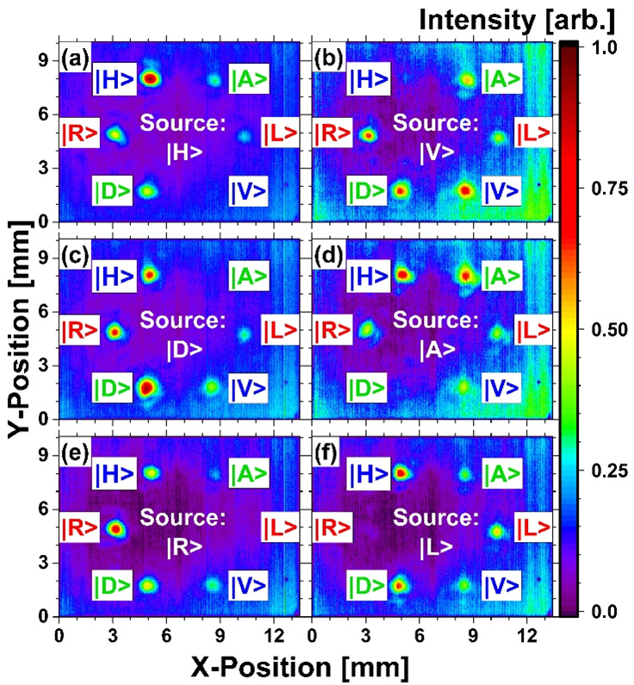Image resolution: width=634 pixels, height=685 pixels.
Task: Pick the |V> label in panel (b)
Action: point(501,192)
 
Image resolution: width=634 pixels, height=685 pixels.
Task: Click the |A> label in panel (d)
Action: point(501,277)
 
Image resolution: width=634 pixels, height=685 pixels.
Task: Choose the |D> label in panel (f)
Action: point(367,585)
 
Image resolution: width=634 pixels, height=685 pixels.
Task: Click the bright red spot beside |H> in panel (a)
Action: point(151,78)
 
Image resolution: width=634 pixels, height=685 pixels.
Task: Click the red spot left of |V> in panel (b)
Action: point(466,190)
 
